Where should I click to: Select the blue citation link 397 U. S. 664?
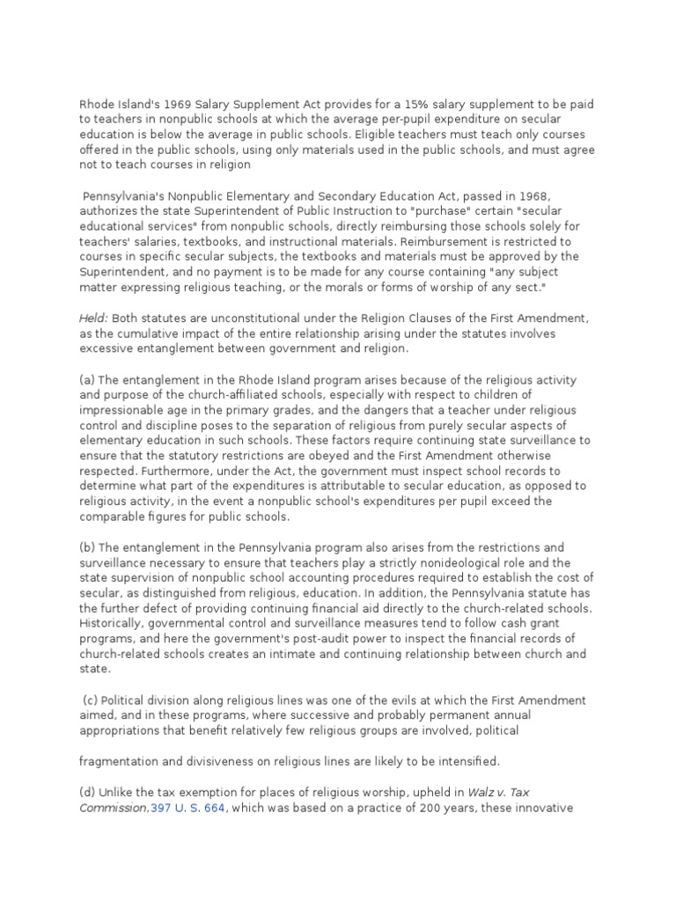[x=190, y=809]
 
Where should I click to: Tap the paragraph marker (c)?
[x=92, y=700]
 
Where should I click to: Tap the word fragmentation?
[x=119, y=759]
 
